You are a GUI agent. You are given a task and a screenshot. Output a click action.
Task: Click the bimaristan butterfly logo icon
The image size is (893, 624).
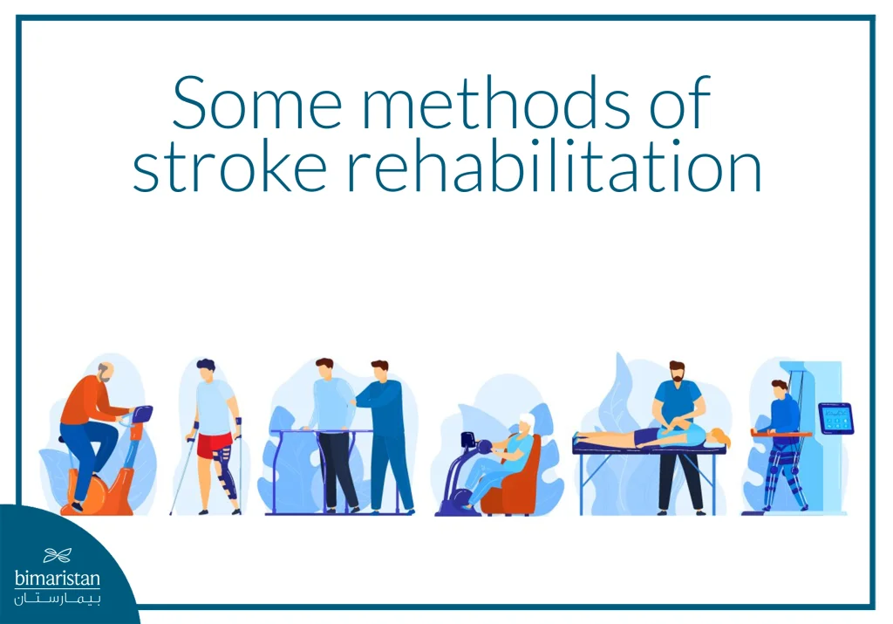[x=57, y=554]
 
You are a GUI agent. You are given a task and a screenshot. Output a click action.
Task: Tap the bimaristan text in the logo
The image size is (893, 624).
[x=57, y=579]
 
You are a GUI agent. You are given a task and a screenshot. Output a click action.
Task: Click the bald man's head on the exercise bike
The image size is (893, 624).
[x=104, y=373]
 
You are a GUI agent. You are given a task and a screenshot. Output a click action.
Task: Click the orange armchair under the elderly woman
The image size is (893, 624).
[x=515, y=489]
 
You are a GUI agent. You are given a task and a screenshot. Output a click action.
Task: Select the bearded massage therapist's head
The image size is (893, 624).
[x=678, y=374]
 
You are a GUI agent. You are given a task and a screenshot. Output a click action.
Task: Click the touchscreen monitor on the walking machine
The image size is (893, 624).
[x=835, y=418]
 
